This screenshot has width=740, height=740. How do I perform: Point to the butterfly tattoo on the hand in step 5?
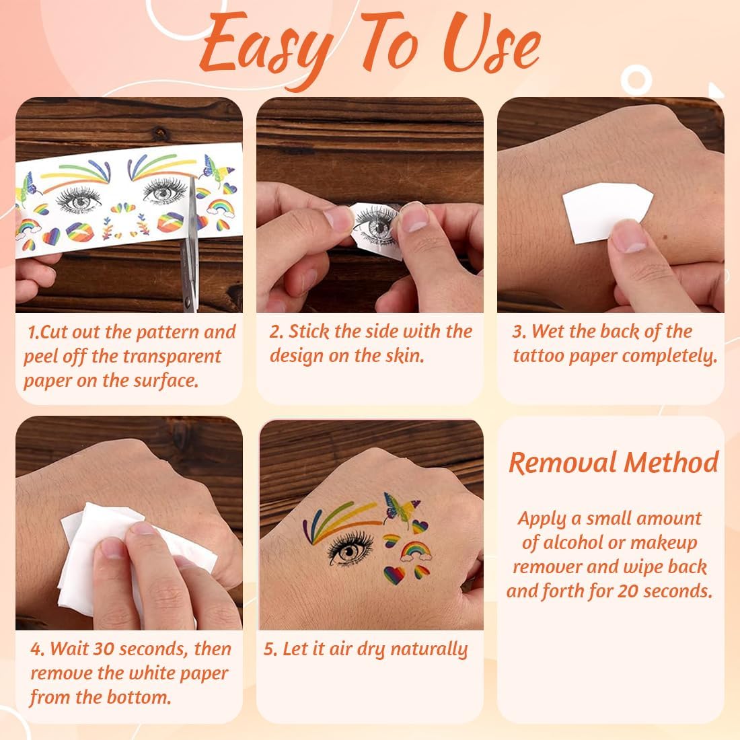pyautogui.click(x=400, y=509)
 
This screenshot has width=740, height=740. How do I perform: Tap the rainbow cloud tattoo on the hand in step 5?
pyautogui.click(x=416, y=551)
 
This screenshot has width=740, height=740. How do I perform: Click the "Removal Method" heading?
pyautogui.click(x=614, y=463)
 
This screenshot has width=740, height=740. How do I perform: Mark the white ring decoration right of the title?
pyautogui.click(x=636, y=80)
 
